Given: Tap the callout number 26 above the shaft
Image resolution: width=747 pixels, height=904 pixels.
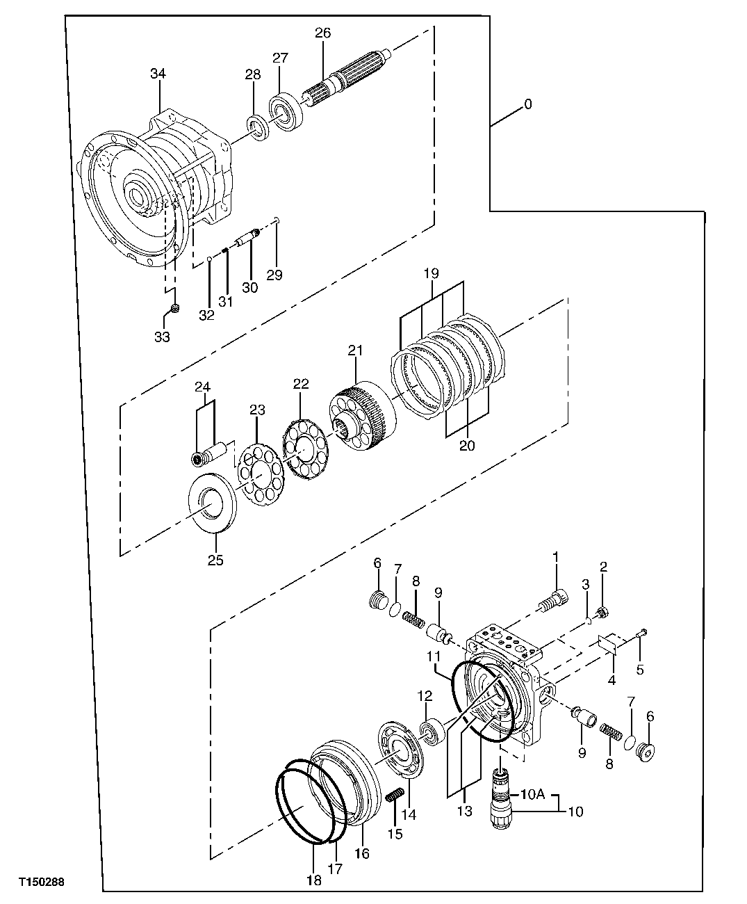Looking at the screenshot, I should (323, 33).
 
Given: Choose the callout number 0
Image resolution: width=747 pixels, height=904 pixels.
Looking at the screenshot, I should (527, 104).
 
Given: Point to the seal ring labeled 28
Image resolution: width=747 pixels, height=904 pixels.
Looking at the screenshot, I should (261, 129).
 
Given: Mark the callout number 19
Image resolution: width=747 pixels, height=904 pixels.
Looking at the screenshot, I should (431, 273).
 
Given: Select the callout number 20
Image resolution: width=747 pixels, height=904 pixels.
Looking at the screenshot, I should (466, 446).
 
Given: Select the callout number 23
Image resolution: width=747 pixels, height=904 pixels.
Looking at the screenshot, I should (257, 411).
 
